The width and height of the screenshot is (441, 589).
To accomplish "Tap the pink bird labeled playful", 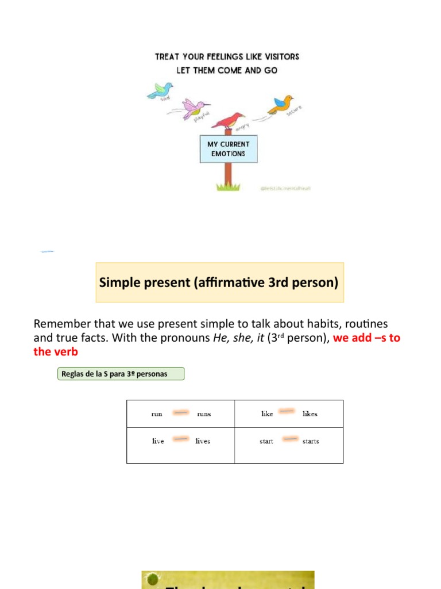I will point(195,108).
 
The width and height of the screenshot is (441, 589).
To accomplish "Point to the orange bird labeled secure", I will point(281,104).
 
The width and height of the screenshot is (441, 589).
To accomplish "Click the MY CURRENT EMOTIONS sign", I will point(229,149).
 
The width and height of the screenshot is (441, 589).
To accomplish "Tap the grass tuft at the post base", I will point(228,186).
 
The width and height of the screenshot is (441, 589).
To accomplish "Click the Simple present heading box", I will point(219,282).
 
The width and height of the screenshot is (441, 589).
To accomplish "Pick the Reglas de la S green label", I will point(121,374).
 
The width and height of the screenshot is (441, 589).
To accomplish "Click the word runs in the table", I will point(204,414).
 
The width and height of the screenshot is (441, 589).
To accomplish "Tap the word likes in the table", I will point(310,414).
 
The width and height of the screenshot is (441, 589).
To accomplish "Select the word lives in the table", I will point(203,441).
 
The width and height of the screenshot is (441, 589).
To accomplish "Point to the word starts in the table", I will point(311,441).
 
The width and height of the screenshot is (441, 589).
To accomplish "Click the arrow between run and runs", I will point(181,412).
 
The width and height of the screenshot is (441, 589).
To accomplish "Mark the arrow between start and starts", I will point(291,439).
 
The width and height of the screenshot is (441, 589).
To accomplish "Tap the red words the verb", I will point(56,351).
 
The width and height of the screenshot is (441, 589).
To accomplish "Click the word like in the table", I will point(267,414).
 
